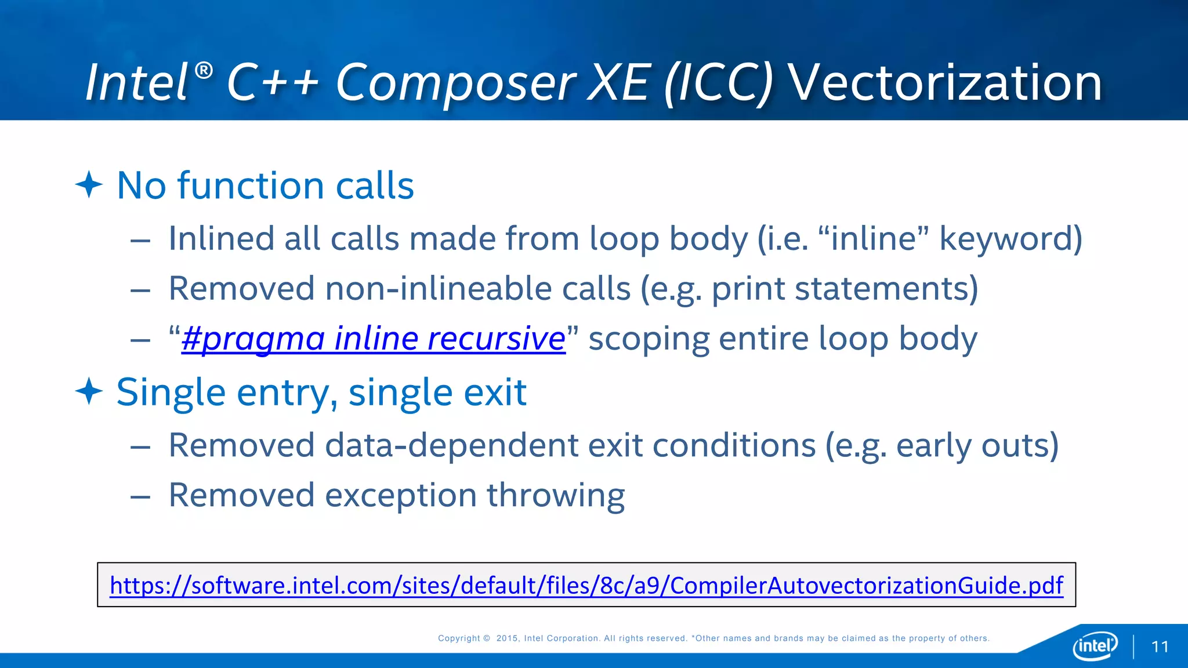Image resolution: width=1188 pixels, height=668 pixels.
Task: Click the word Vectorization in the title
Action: coord(946,83)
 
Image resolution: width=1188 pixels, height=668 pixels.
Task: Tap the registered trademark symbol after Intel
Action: coord(204,71)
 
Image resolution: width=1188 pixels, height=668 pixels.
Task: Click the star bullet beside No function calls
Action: coord(89,185)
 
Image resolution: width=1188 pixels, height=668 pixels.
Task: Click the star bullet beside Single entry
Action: coord(89,391)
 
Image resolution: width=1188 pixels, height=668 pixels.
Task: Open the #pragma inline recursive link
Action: coord(373,338)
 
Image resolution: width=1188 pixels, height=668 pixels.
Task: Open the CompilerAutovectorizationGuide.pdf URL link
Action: coord(586,585)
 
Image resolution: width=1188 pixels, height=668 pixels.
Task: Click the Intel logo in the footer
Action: coord(1095,645)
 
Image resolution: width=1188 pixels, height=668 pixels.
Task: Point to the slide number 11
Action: coord(1160,647)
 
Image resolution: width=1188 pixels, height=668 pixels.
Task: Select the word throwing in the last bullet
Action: coord(555,496)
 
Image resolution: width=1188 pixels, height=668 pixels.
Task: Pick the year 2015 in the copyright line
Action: coord(507,638)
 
